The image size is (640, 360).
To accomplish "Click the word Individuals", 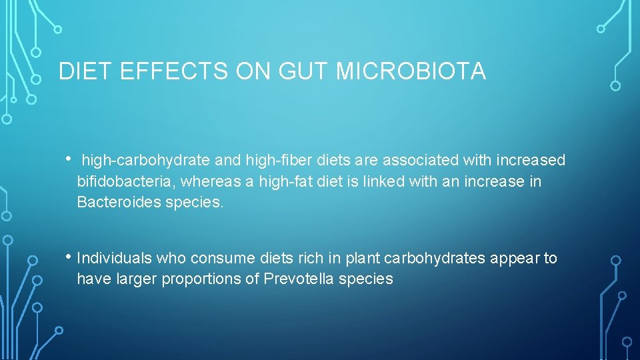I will coord(115,258).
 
